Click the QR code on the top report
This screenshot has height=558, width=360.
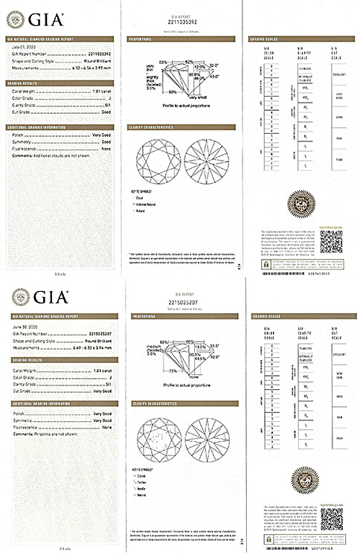click(334, 241)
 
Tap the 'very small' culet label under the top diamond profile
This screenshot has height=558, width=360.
click(198, 98)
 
